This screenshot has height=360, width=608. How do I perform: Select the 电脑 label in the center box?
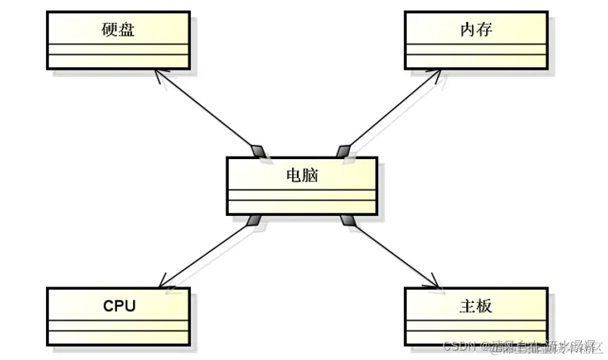click(x=302, y=174)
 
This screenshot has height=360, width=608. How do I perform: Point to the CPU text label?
click(x=119, y=305)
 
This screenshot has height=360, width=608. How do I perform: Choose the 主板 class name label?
click(x=475, y=305)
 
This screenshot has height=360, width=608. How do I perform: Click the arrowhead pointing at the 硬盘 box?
click(x=159, y=74)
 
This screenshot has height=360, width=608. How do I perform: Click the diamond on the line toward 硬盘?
click(x=258, y=150)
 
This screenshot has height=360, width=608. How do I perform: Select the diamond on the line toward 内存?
click(x=344, y=150)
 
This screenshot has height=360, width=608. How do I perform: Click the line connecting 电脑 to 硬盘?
click(x=207, y=111)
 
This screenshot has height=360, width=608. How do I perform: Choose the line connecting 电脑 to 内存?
click(x=389, y=111)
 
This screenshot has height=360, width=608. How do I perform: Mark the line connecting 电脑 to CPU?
click(x=207, y=252)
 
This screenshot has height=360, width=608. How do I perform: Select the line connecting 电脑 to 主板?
click(x=391, y=252)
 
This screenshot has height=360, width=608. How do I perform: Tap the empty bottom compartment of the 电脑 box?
click(x=302, y=207)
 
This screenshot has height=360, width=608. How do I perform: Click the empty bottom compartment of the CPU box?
click(x=118, y=336)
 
